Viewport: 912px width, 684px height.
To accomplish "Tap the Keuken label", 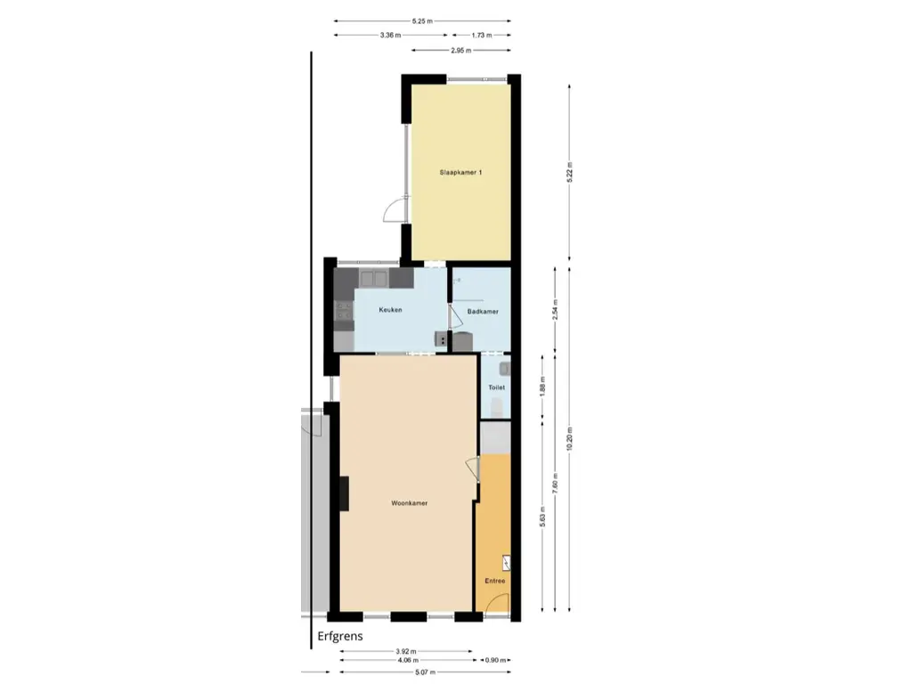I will [390, 310].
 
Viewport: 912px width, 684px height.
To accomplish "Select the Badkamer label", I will [483, 312].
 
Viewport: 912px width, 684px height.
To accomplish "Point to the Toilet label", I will [496, 388].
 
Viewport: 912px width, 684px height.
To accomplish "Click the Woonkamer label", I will [410, 503].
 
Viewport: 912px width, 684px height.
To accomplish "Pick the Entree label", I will [495, 581].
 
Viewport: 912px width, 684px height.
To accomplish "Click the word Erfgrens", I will [340, 637].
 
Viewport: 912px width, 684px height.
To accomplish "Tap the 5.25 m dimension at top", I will [422, 20].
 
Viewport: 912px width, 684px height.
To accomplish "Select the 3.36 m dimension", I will [390, 36].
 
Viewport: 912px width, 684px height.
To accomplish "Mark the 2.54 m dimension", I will [555, 311].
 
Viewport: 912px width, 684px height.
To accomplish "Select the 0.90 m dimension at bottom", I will [495, 660].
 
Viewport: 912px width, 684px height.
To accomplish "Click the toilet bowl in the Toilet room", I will [497, 408].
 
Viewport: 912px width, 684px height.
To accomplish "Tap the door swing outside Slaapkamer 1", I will [392, 210].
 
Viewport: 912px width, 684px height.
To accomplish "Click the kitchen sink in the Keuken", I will [373, 279].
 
